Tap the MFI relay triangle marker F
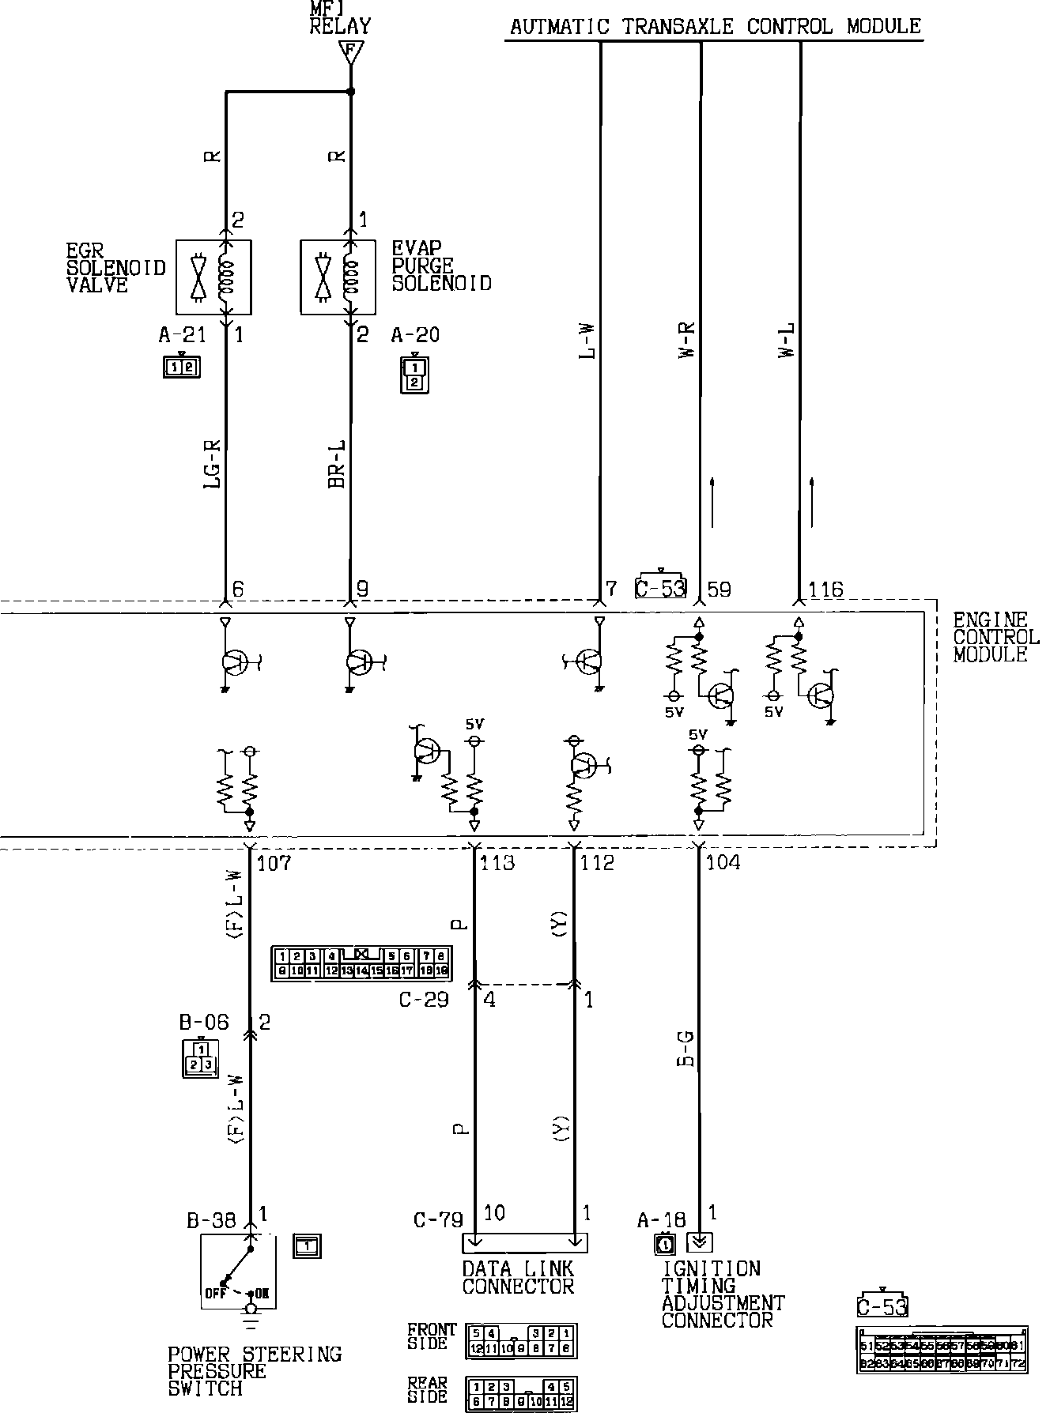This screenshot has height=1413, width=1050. coord(350,52)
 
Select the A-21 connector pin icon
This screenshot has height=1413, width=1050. coord(182,367)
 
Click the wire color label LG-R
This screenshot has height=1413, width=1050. coord(213,464)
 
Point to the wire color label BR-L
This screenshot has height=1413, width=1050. coord(338,464)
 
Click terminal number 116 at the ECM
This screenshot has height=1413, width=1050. coord(825,590)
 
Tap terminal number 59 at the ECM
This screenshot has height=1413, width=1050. coord(719,590)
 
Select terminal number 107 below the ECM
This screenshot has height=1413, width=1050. coord(274,862)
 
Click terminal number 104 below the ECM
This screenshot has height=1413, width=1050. coord(723,862)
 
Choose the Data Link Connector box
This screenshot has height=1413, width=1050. coord(524,1243)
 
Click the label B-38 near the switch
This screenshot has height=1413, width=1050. coord(211,1221)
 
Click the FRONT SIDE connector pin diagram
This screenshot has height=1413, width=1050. coord(521,1340)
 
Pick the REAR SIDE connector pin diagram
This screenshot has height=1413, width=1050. coord(521,1394)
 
